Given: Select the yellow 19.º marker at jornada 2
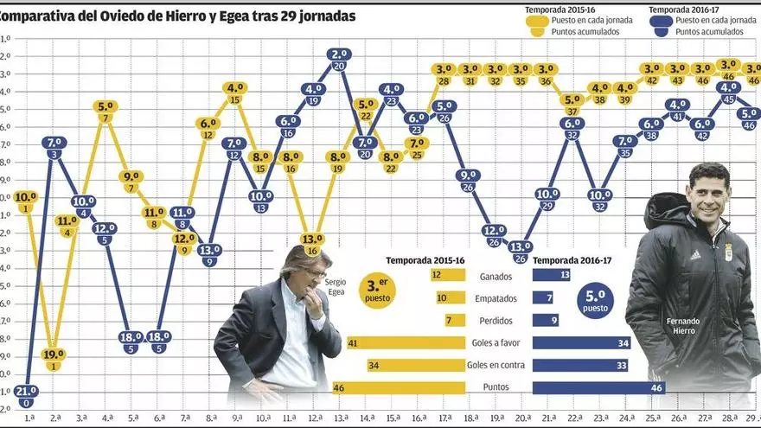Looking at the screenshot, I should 54,355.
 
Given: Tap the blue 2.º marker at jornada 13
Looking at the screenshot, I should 339,54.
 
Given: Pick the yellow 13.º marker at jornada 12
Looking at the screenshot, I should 312,239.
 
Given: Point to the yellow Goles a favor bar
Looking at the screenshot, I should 406,342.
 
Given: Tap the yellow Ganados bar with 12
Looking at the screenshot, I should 447,275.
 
